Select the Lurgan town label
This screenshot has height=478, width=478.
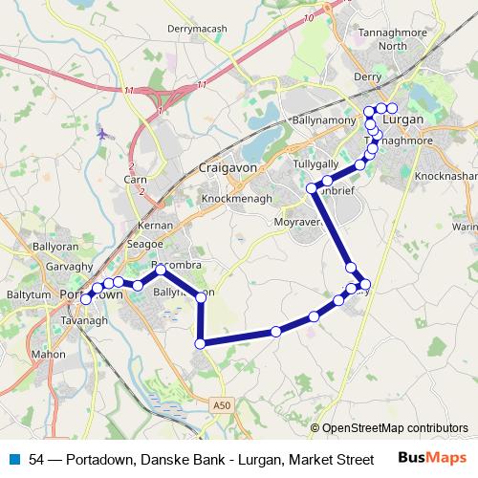click(x=402, y=119)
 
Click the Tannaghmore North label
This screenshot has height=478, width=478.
click(x=380, y=38)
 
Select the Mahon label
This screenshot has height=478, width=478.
click(x=48, y=353)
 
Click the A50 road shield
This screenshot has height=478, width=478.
click(x=222, y=405)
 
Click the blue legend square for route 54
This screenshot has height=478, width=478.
click(x=14, y=459)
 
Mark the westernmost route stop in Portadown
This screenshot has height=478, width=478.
click(x=86, y=299)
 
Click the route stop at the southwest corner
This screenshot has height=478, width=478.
click(x=201, y=342)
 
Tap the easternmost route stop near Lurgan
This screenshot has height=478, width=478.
click(x=392, y=108)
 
